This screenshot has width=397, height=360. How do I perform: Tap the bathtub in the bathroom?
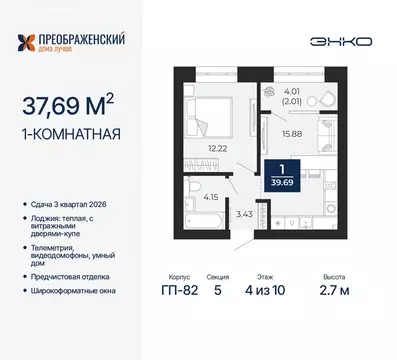coord(188,206)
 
